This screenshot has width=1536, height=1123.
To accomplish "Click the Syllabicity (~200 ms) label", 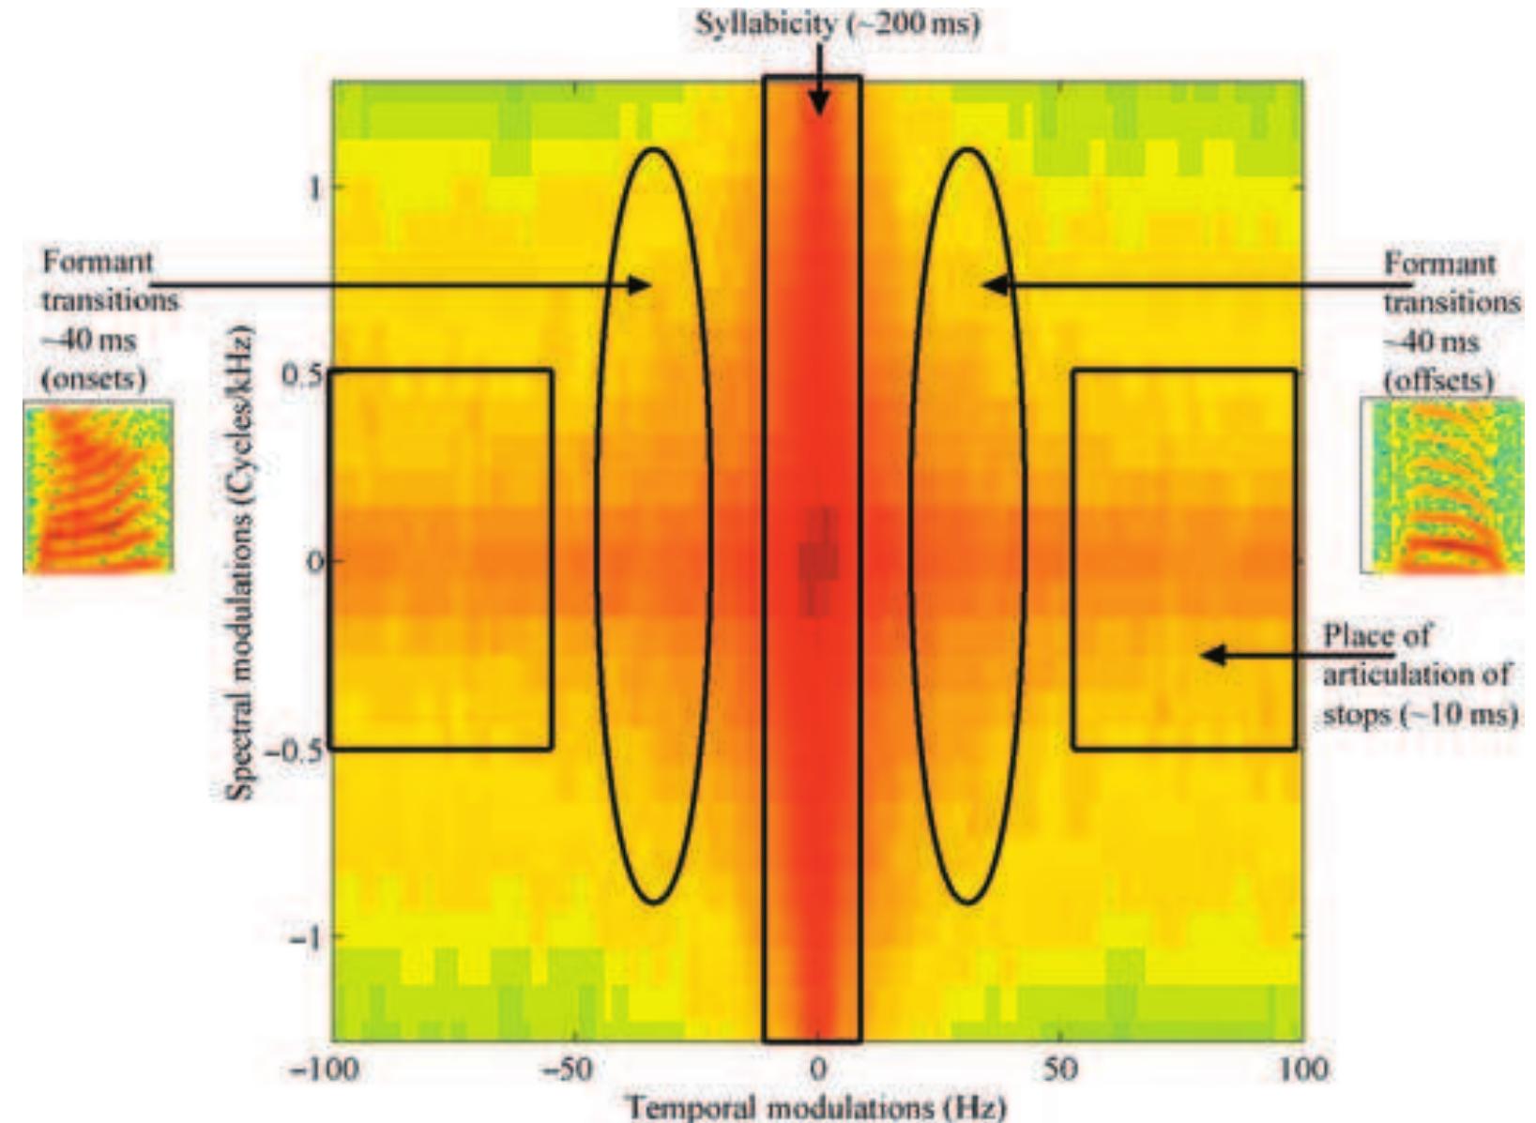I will [x=837, y=23].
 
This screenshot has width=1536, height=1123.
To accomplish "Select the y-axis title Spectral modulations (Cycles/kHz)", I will [x=242, y=563].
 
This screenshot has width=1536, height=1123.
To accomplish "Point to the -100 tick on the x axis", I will [x=323, y=1070].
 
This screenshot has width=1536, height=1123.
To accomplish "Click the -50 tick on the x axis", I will [x=567, y=1070].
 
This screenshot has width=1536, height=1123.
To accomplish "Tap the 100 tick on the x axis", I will [x=1302, y=1070].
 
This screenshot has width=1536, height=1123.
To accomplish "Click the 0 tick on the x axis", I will [x=818, y=1070].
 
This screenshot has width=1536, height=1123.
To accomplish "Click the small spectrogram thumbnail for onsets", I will [x=98, y=488].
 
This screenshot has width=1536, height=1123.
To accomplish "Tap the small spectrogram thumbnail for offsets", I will [x=1443, y=486].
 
